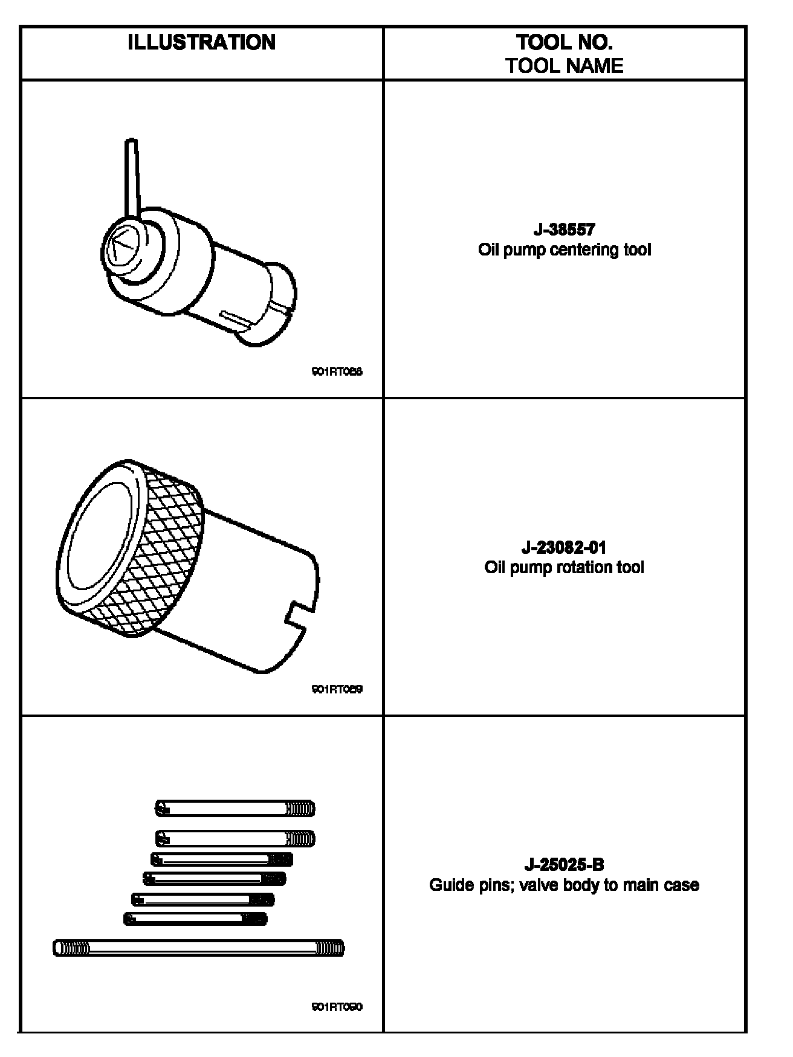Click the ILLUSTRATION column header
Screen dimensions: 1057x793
(201, 42)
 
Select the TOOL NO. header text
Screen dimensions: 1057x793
(564, 42)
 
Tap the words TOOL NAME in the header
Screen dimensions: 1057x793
(564, 65)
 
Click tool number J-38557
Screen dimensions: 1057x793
(564, 230)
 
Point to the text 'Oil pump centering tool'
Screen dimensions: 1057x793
(564, 249)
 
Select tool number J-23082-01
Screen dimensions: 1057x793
(564, 548)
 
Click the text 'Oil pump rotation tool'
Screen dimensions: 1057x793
(564, 567)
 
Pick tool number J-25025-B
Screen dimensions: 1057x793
(564, 865)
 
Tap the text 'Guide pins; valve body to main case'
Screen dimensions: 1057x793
(564, 885)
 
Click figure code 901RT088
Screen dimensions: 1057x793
(337, 372)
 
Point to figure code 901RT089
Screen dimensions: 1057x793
(337, 689)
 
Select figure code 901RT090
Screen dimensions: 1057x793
(337, 1007)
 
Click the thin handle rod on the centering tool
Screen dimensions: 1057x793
(132, 175)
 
